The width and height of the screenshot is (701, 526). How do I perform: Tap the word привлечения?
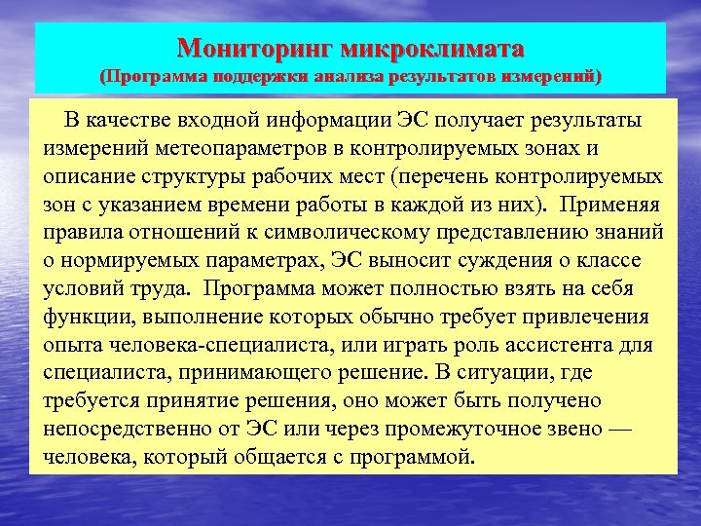click(x=601, y=318)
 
